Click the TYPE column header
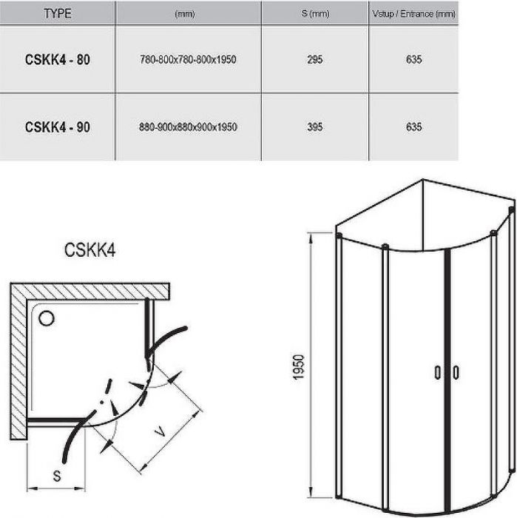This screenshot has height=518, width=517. click(58, 13)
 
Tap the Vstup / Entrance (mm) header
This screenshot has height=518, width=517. click(413, 13)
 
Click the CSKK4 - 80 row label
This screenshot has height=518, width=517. click(58, 60)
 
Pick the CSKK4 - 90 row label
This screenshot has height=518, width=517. click(58, 127)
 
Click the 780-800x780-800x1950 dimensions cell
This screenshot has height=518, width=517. click(188, 60)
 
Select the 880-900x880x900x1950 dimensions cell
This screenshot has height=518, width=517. click(188, 127)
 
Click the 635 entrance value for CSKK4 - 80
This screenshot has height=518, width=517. click(413, 60)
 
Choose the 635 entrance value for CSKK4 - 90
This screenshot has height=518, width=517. click(413, 127)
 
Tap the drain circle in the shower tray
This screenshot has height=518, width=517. click(47, 319)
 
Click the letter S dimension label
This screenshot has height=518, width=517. click(56, 477)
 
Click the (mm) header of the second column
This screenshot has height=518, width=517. click(188, 13)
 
